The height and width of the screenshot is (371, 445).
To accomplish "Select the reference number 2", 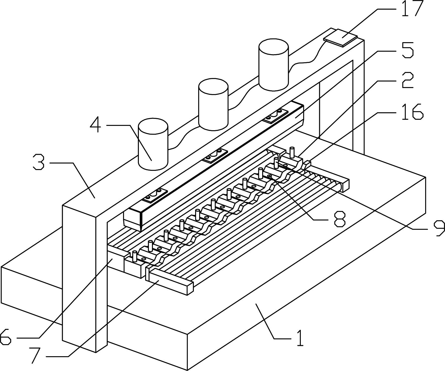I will [407, 81].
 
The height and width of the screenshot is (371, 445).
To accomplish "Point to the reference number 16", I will [412, 112].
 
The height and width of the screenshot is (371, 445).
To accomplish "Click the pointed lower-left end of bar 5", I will [133, 221].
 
